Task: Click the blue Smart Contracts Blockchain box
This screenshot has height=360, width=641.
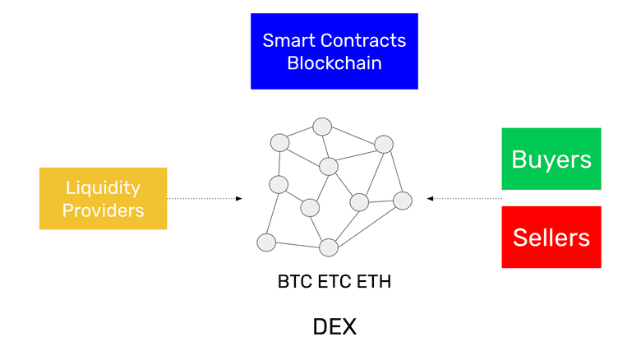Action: pyautogui.click(x=334, y=51)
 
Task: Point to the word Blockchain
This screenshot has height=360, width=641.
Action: pyautogui.click(x=334, y=63)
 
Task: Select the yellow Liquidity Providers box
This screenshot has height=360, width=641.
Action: pyautogui.click(x=103, y=198)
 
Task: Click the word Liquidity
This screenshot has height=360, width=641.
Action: pyautogui.click(x=104, y=187)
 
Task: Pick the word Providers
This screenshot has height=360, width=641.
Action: pyautogui.click(x=104, y=210)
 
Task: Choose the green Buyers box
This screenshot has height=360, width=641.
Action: pyautogui.click(x=551, y=159)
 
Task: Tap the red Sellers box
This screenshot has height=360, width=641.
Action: pyautogui.click(x=551, y=238)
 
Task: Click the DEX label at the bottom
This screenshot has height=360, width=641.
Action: pyautogui.click(x=334, y=327)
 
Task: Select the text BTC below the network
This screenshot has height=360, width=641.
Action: pyautogui.click(x=295, y=283)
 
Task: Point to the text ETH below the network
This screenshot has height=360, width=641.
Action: pyautogui.click(x=374, y=283)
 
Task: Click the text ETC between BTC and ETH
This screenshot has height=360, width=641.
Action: pyautogui.click(x=334, y=283)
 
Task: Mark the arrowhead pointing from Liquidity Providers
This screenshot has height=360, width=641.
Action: pyautogui.click(x=239, y=198)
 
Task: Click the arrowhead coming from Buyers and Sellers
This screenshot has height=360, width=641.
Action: pyautogui.click(x=430, y=198)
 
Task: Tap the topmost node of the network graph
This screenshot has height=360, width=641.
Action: pyautogui.click(x=321, y=127)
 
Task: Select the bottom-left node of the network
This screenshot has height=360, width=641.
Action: pyautogui.click(x=265, y=242)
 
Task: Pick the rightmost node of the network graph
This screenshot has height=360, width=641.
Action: pyautogui.click(x=402, y=200)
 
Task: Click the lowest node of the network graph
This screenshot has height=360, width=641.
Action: pyautogui.click(x=329, y=247)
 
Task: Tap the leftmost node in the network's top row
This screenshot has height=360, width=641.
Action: pyautogui.click(x=280, y=141)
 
